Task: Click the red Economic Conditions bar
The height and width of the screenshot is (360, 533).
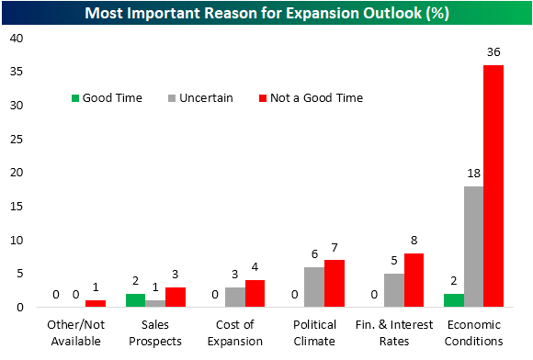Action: pos(493,186)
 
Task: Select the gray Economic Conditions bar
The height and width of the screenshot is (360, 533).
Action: pos(474,246)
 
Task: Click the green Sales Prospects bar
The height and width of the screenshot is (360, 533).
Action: pos(135,300)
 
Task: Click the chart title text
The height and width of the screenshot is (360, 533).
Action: pos(266,13)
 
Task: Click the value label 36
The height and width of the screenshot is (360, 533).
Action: pos(494,53)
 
